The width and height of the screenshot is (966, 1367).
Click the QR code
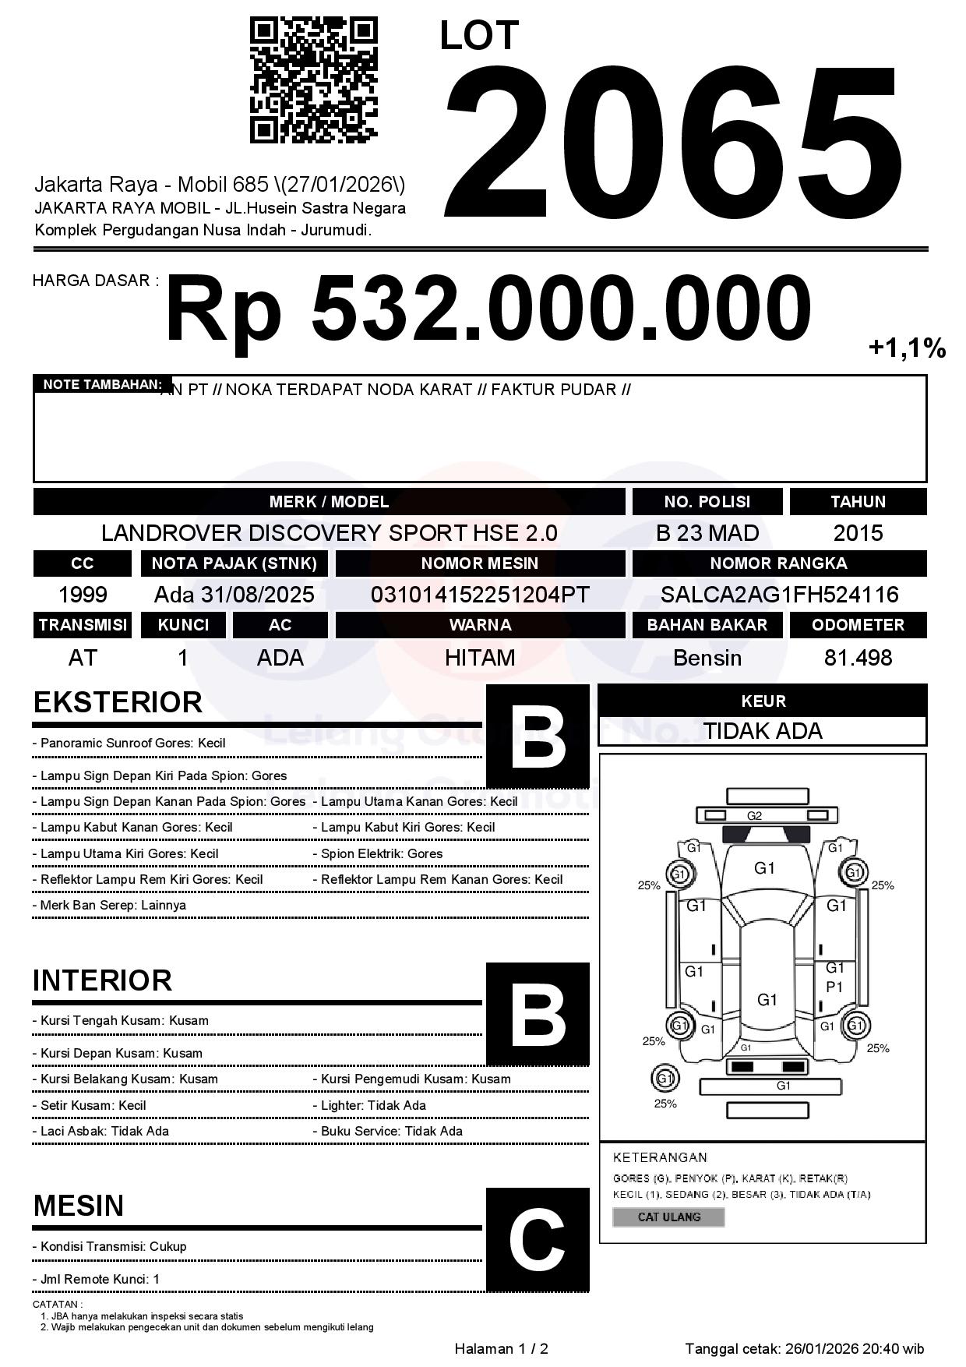point(313,81)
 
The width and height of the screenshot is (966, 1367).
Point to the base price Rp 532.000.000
point(488,309)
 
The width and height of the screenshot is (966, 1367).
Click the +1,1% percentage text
point(907,348)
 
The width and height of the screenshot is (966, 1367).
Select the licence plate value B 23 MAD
point(707,533)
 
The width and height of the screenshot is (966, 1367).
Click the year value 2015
point(858,533)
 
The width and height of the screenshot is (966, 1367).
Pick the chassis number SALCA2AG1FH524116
point(779,595)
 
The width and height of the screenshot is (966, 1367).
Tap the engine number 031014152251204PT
point(480,595)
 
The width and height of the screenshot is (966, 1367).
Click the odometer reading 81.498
point(858,658)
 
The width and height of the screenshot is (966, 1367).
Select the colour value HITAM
point(480,658)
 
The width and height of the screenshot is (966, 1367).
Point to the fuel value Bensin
point(707,658)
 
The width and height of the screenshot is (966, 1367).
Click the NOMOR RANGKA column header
point(779,563)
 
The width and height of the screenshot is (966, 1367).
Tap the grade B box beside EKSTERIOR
point(538,736)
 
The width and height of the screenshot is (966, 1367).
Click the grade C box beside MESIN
point(538,1240)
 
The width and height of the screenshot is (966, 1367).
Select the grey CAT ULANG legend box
point(668,1217)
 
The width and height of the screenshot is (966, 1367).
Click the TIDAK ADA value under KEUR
point(763,731)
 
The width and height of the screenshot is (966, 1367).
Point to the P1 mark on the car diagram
point(834,987)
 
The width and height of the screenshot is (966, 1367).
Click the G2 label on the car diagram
point(754,816)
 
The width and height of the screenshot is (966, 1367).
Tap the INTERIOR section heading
point(102,980)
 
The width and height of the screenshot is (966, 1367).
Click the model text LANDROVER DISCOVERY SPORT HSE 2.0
point(329,533)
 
